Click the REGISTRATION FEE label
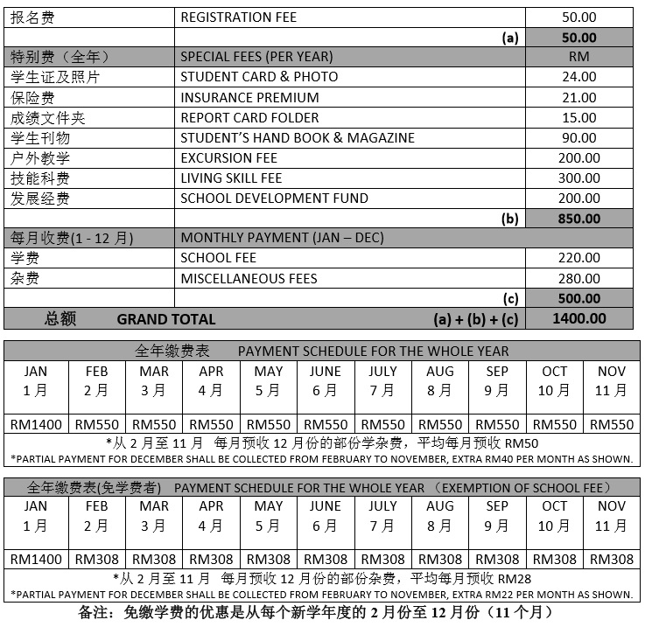click(238, 17)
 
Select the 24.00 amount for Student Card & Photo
click(578, 77)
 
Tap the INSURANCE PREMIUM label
click(249, 97)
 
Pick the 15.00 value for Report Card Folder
click(578, 117)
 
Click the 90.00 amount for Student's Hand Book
click(578, 137)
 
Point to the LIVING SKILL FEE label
click(231, 178)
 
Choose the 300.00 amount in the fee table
click(578, 178)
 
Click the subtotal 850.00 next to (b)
click(578, 219)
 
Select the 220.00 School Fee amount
click(578, 258)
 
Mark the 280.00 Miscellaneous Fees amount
click(578, 278)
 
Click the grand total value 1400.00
click(578, 319)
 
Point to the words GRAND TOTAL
click(165, 319)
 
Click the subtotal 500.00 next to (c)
click(578, 299)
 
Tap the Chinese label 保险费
click(32, 97)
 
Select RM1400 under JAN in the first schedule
click(35, 425)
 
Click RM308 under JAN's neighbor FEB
click(96, 560)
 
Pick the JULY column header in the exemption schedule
click(382, 505)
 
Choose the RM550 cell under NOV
click(611, 425)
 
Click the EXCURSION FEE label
click(228, 157)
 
